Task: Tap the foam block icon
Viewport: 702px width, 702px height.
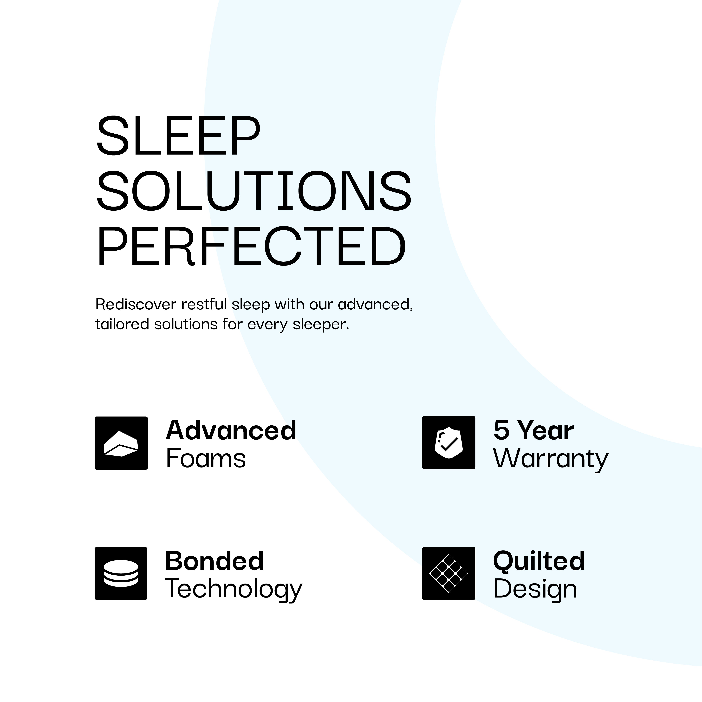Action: click(x=121, y=443)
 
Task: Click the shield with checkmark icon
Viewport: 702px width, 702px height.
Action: click(x=448, y=442)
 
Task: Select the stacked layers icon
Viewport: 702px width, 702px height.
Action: click(x=121, y=573)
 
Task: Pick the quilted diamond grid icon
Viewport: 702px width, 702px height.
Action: click(x=448, y=573)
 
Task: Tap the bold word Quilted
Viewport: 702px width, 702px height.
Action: click(x=539, y=561)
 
